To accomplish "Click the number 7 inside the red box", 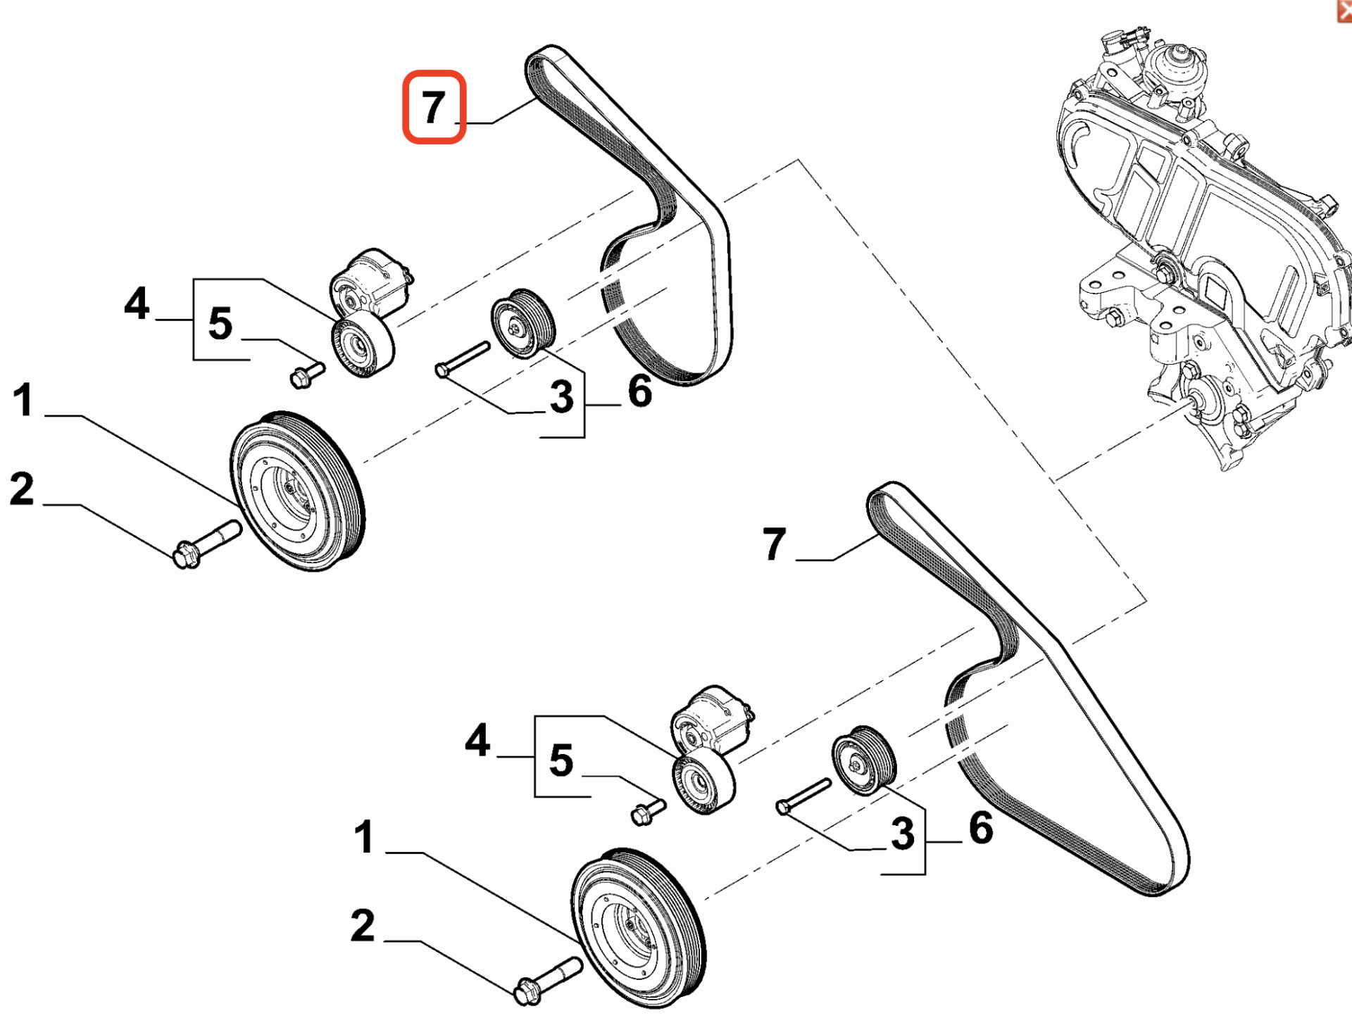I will (x=433, y=107).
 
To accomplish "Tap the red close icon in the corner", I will (x=1344, y=10).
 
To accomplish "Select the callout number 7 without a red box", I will (x=774, y=544).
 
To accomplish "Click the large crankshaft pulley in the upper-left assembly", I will (x=298, y=491).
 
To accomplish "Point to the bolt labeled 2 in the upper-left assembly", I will (x=206, y=543).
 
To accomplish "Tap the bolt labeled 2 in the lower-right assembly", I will (x=548, y=980).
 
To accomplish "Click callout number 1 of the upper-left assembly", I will (x=23, y=400).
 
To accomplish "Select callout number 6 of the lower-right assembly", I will (x=981, y=828).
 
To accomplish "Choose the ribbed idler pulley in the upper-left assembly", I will (x=522, y=323).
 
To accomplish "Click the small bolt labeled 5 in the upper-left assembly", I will (x=306, y=375).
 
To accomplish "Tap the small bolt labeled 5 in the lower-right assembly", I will (x=648, y=812).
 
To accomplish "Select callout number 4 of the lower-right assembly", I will (x=477, y=741).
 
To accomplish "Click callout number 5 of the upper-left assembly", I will (x=220, y=324).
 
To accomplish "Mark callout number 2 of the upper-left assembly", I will (x=22, y=489).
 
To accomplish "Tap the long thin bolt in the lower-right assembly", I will (x=803, y=796).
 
